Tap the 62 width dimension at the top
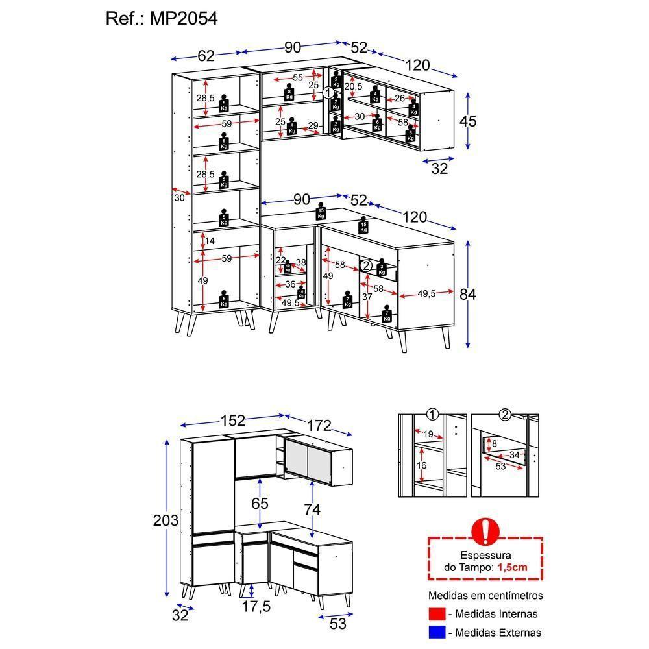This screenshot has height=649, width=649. pyautogui.click(x=206, y=56)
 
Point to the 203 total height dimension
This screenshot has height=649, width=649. pyautogui.click(x=165, y=520)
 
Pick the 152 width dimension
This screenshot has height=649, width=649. pyautogui.click(x=233, y=421)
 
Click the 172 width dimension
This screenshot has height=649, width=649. pyautogui.click(x=319, y=426)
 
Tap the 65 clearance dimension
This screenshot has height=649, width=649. pyautogui.click(x=259, y=503)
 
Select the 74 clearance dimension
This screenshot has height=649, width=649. pyautogui.click(x=312, y=509)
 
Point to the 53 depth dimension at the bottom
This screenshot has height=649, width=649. pyautogui.click(x=338, y=624)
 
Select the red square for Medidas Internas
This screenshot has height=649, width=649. pyautogui.click(x=437, y=614)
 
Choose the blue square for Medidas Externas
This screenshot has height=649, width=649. pyautogui.click(x=437, y=632)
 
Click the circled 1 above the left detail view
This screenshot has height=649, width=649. pyautogui.click(x=432, y=415)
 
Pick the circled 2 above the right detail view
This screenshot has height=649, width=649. pyautogui.click(x=506, y=415)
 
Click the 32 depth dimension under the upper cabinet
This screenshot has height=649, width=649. pyautogui.click(x=439, y=169)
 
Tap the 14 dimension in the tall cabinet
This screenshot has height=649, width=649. pyautogui.click(x=209, y=241)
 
